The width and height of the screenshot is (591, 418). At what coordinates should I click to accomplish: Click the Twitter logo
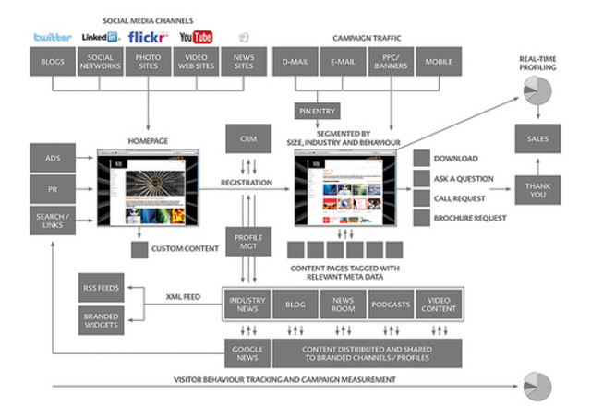click(x=53, y=37)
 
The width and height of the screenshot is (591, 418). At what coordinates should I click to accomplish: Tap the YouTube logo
click(x=196, y=37)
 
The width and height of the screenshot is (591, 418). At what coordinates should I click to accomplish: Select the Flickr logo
click(x=148, y=37)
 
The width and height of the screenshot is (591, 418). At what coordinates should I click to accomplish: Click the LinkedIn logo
click(x=100, y=37)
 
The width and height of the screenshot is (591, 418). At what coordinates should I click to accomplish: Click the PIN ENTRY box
click(x=315, y=110)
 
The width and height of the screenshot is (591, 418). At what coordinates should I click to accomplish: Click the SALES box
click(x=538, y=139)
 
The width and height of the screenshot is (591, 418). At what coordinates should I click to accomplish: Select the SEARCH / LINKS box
click(x=53, y=221)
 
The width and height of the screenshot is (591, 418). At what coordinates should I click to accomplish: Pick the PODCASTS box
click(x=392, y=303)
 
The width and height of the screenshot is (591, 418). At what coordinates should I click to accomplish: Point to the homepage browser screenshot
click(x=149, y=190)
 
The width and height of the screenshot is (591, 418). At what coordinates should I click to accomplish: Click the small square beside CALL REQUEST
click(x=421, y=197)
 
